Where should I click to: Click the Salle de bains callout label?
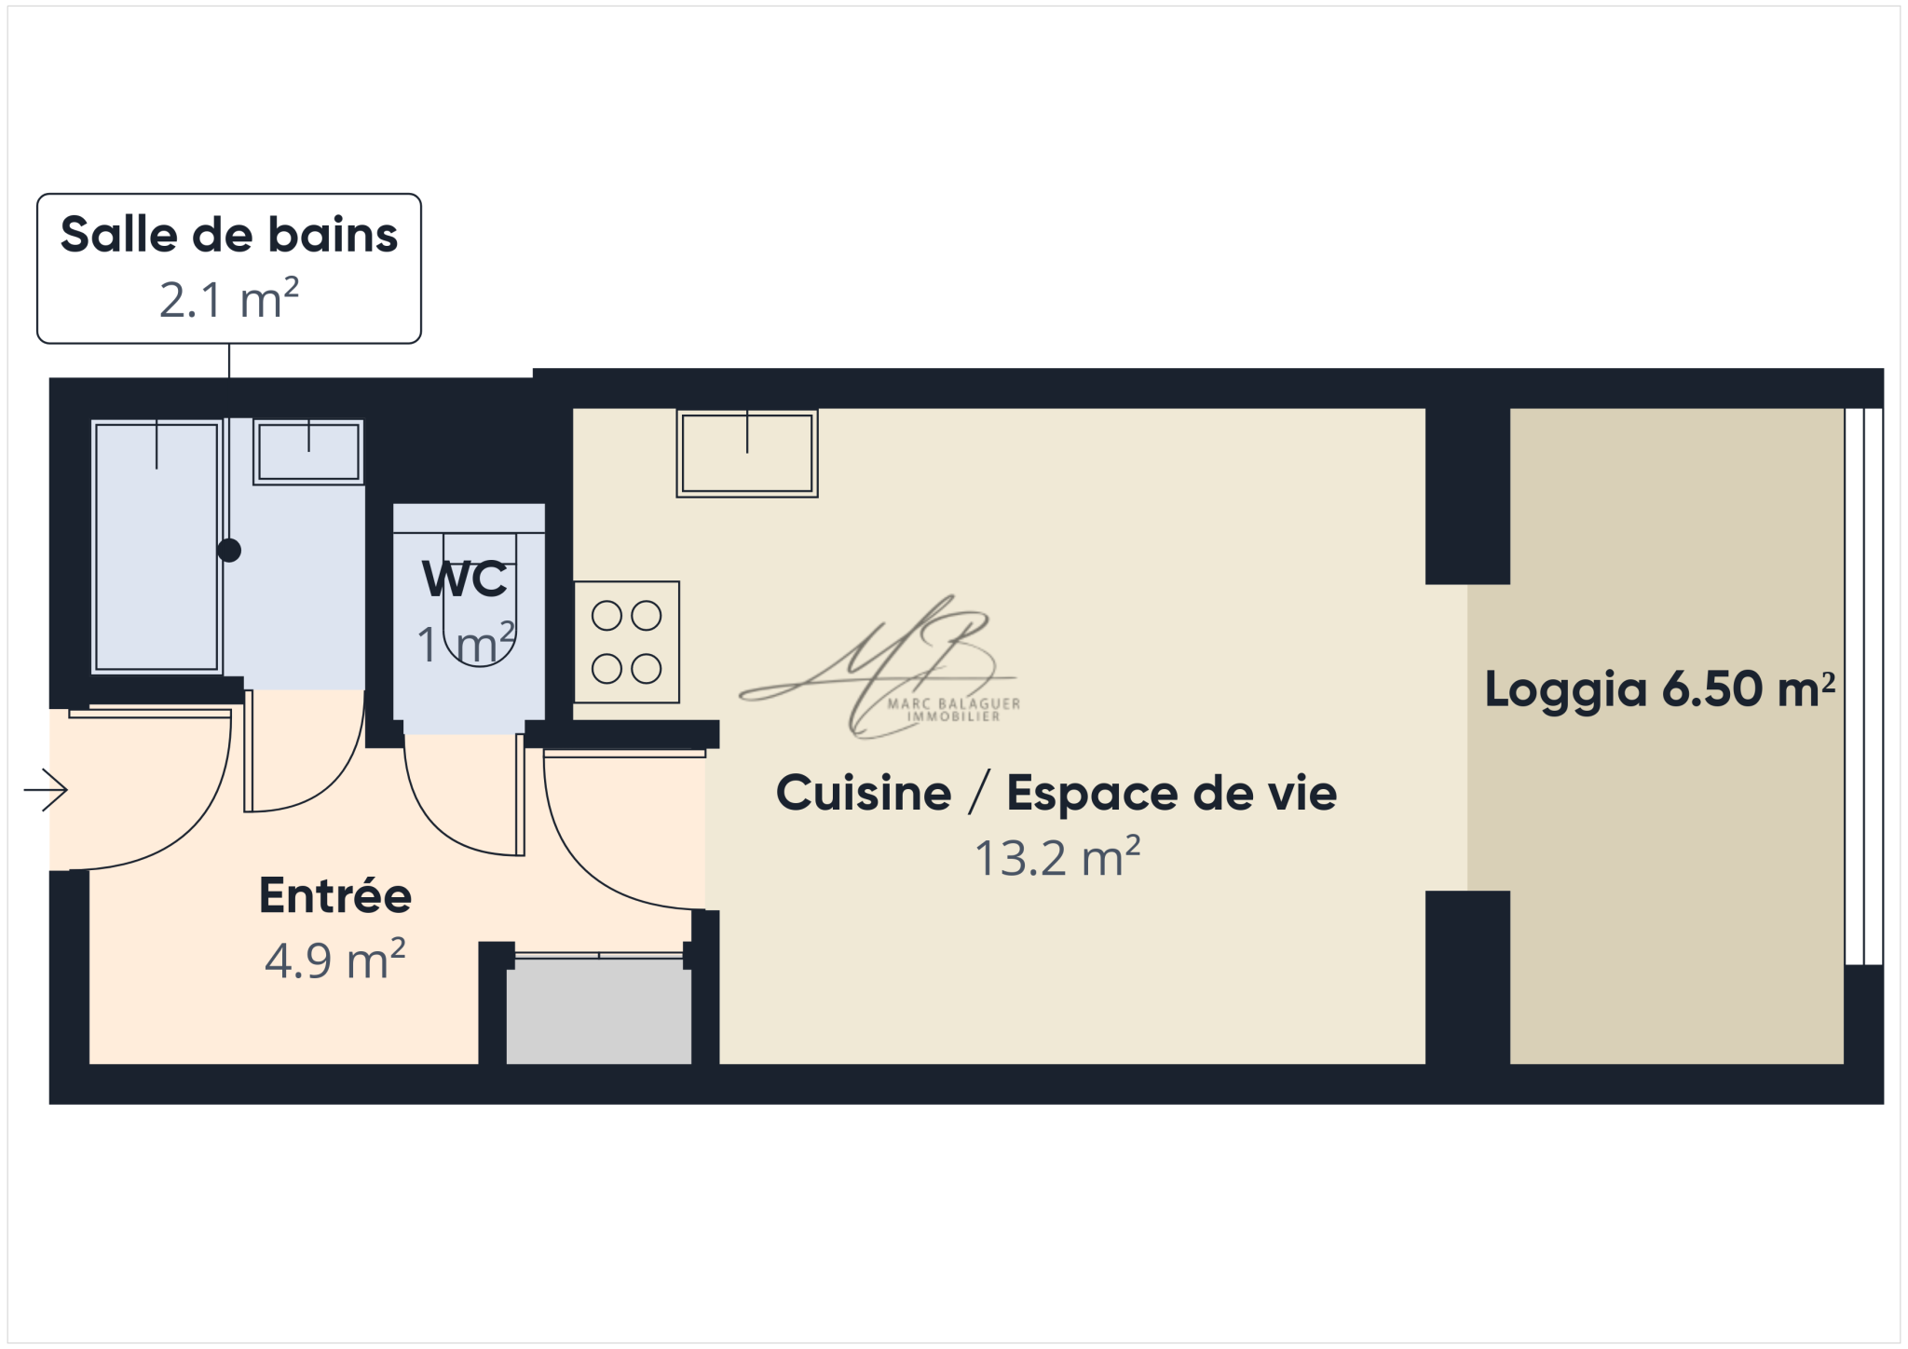[229, 235]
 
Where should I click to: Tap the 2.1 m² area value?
[229, 299]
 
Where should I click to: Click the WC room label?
[465, 579]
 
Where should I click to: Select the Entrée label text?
[335, 895]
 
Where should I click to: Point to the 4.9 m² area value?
[335, 961]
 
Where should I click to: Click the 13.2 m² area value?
[1057, 858]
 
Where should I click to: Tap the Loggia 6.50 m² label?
[1659, 690]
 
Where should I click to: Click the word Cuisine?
[864, 793]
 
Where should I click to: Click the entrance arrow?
[46, 791]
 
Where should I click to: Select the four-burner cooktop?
[627, 642]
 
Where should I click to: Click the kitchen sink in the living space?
[747, 453]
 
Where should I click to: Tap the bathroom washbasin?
[308, 452]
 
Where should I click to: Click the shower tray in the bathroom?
[157, 547]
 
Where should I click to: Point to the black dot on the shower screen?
[229, 551]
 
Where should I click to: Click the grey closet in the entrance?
[599, 1012]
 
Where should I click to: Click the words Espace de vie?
[1172, 793]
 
